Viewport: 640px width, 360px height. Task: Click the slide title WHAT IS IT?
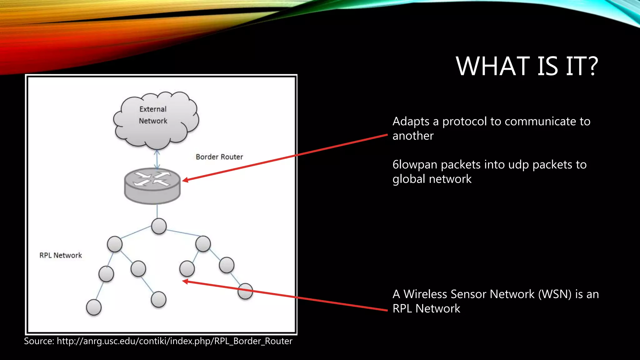[527, 66]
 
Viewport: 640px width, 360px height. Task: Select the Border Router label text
[219, 157]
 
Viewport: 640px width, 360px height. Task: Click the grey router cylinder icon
[152, 186]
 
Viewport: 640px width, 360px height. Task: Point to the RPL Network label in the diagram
[61, 255]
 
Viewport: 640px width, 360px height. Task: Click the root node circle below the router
[159, 226]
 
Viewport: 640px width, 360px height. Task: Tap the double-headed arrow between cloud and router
[157, 159]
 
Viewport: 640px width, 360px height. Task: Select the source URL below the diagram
[174, 341]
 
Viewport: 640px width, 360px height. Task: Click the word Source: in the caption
[39, 341]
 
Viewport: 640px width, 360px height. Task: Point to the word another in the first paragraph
[413, 136]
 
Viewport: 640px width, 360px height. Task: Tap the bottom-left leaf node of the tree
[94, 307]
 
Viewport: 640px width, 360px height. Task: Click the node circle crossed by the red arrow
[245, 291]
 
